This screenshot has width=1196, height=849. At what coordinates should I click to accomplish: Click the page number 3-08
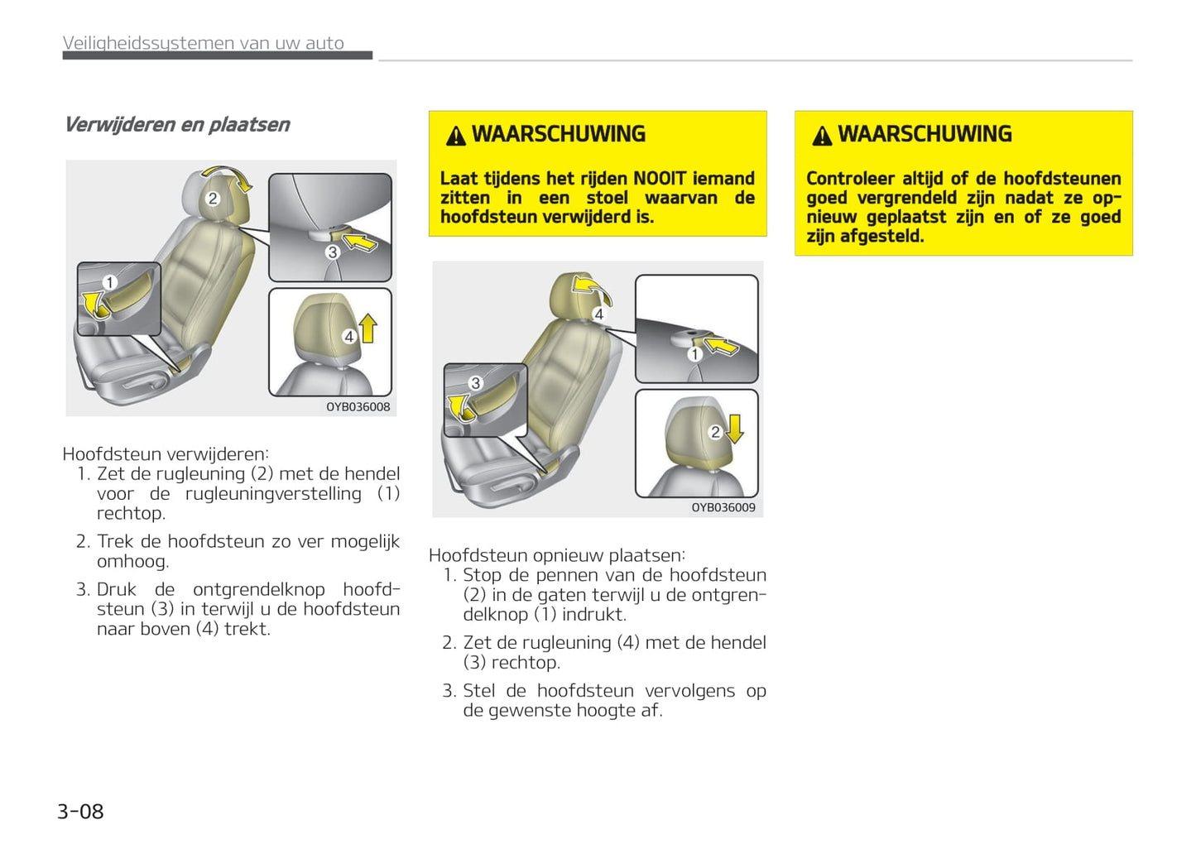click(x=80, y=812)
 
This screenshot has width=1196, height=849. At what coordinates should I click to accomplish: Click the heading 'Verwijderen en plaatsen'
click(x=177, y=125)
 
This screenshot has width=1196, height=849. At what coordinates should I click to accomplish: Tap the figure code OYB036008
click(x=358, y=407)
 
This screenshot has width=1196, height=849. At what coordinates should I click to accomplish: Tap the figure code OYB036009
click(x=723, y=508)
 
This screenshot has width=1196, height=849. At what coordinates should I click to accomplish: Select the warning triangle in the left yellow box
click(x=455, y=136)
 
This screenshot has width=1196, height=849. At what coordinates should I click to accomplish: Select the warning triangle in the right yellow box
click(x=821, y=136)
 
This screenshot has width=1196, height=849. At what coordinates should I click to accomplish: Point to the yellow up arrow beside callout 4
click(x=368, y=329)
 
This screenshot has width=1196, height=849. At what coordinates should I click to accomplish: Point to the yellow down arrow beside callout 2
click(x=734, y=429)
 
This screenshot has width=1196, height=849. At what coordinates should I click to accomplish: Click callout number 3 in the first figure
click(x=333, y=252)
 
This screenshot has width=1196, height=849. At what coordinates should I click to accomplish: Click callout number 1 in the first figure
click(x=109, y=283)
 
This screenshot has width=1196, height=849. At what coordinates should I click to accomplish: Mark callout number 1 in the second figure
click(x=695, y=354)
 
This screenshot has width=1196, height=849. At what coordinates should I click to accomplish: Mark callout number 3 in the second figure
click(x=475, y=383)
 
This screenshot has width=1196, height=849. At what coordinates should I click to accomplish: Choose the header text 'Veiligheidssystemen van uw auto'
click(x=204, y=43)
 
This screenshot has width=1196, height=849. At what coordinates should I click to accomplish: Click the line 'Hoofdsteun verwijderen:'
click(x=166, y=454)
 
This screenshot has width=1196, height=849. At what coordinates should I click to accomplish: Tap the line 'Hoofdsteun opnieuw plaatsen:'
click(x=557, y=555)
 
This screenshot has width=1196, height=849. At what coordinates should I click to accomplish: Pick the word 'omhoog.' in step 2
click(x=132, y=562)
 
